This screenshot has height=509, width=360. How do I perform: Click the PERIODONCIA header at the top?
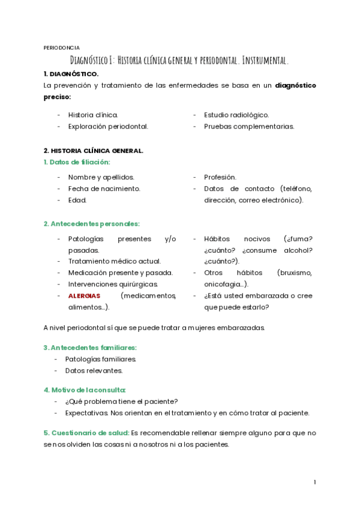pos(62,47)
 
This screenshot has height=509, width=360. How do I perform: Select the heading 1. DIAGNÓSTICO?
pos(71,74)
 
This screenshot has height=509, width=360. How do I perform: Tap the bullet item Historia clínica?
pos(93,115)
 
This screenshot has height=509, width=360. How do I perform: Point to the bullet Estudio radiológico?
pos(236,115)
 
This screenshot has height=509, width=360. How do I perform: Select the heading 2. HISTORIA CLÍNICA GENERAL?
pos(93,151)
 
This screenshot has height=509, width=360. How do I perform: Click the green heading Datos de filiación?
pos(77,162)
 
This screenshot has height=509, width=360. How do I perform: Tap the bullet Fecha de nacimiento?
pos(104,188)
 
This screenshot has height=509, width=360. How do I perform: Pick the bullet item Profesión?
pos(220,177)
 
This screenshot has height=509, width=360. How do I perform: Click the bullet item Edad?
pos(77,200)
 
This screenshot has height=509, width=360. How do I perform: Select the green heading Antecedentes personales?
pos(91,224)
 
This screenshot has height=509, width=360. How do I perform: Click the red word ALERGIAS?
pos(84,296)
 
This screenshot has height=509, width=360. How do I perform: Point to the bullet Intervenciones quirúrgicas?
pos(113,284)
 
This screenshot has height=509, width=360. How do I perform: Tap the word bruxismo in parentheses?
pos(294,273)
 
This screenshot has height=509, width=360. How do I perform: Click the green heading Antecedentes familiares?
pos(90,348)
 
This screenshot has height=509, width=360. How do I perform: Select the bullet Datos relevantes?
pos(94,370)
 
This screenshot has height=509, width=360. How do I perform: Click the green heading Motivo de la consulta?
pos(85,390)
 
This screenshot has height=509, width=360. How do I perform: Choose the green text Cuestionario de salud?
pos(86,433)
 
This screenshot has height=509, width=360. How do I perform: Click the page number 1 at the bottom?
pos(314,482)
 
